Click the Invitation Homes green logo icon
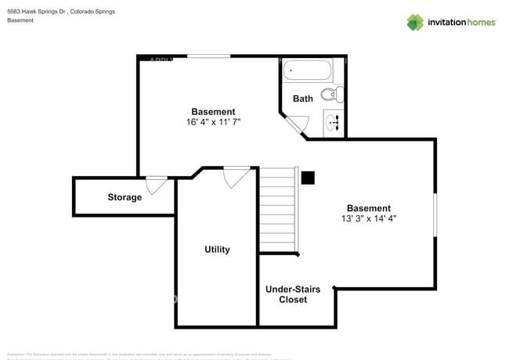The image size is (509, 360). pyautogui.click(x=415, y=22)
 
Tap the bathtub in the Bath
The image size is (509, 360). pyautogui.click(x=308, y=71)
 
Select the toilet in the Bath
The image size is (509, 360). pyautogui.click(x=331, y=95)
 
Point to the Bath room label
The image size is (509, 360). pyautogui.click(x=303, y=99)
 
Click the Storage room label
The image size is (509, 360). pyautogui.click(x=125, y=197)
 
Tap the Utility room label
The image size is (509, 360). pyautogui.click(x=217, y=250)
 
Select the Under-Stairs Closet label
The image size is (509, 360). pyautogui.click(x=292, y=294)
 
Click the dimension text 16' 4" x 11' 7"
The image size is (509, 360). pyautogui.click(x=213, y=122)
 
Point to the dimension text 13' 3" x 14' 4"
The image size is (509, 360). pyautogui.click(x=369, y=219)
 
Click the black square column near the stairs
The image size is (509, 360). pyautogui.click(x=308, y=178)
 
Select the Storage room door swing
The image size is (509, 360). pyautogui.click(x=156, y=185)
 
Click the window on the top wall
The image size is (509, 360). pyautogui.click(x=208, y=56)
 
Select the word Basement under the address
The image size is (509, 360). pyautogui.click(x=20, y=20)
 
